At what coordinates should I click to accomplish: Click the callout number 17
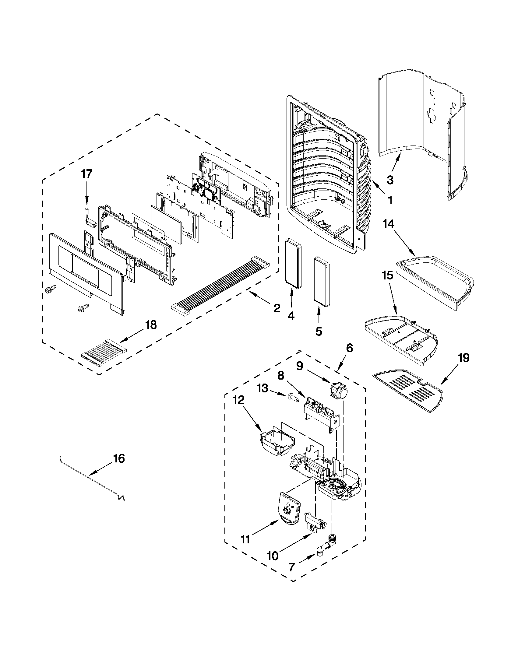pyautogui.click(x=86, y=174)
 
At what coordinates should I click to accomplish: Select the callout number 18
pyautogui.click(x=150, y=324)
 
